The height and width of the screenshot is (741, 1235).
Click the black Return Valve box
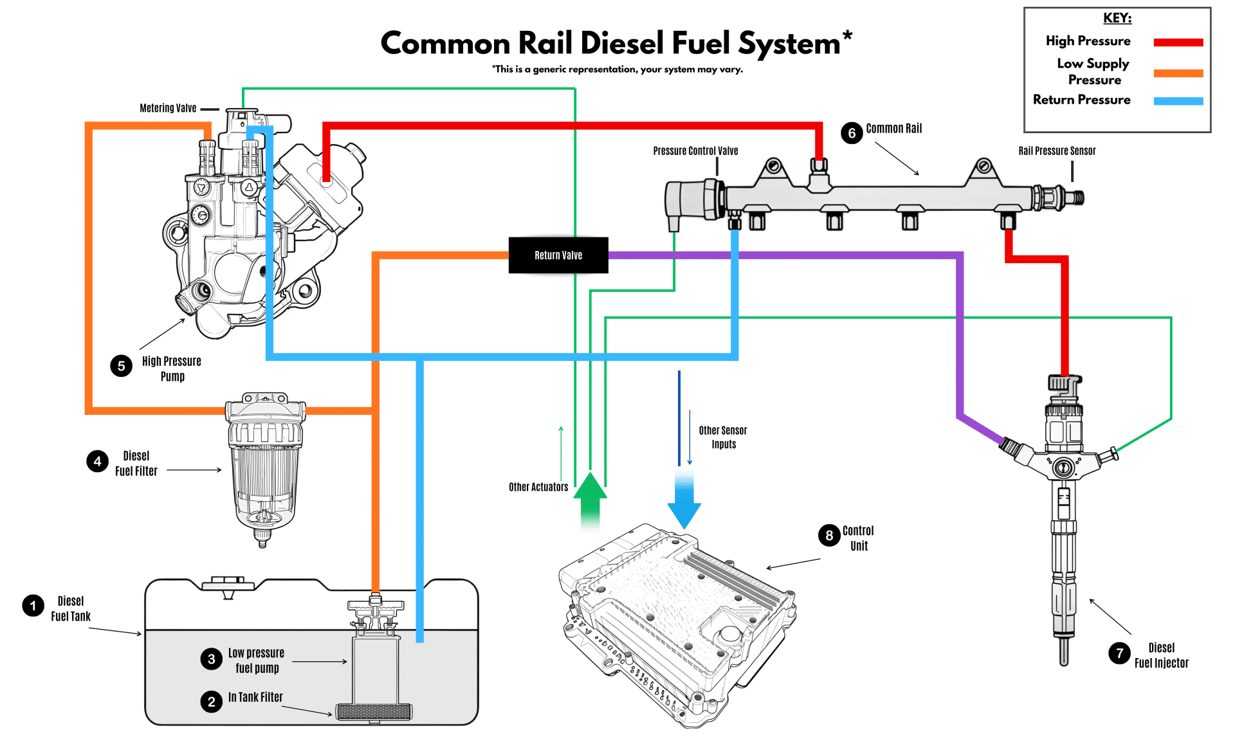click(x=558, y=255)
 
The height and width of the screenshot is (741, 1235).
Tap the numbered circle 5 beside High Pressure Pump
click(x=121, y=366)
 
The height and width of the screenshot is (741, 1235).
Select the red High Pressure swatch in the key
click(x=1178, y=42)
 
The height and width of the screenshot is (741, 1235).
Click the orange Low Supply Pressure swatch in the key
click(x=1178, y=73)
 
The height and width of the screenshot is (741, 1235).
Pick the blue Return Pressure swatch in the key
click(x=1178, y=101)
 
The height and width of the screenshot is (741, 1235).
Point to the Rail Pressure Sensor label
click(x=1056, y=151)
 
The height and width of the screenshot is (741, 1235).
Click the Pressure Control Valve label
click(x=695, y=151)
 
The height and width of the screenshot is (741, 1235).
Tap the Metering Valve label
click(x=168, y=108)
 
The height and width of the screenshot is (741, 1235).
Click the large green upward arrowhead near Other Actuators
click(x=590, y=486)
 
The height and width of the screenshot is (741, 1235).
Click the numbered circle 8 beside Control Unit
click(x=829, y=535)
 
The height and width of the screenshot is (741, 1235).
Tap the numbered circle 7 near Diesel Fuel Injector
click(x=1119, y=654)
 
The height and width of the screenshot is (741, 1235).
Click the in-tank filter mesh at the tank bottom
click(x=374, y=711)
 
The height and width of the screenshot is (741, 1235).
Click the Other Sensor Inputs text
click(x=723, y=437)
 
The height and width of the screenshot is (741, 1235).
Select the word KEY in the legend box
click(x=1117, y=18)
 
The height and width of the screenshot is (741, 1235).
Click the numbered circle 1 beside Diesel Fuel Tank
click(x=33, y=605)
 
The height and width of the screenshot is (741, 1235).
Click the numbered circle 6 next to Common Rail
click(x=852, y=133)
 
